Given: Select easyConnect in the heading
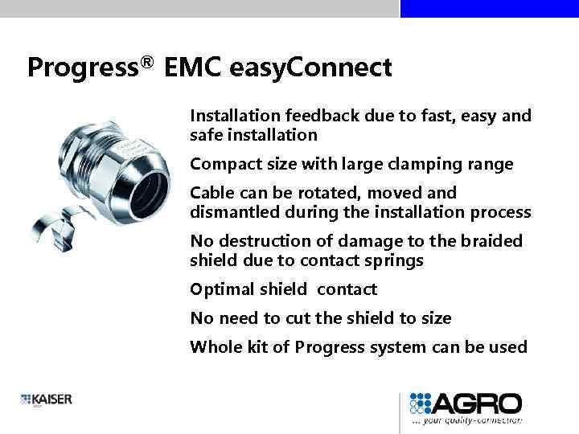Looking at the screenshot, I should point(310,68).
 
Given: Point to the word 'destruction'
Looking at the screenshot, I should point(261,241).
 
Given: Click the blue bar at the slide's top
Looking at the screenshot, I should point(489,8).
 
